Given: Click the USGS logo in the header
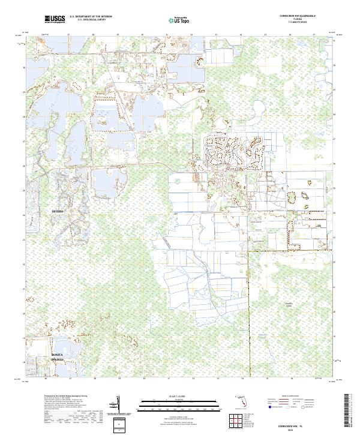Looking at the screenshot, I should (54, 20).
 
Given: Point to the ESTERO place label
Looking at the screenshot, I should (57, 212).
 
